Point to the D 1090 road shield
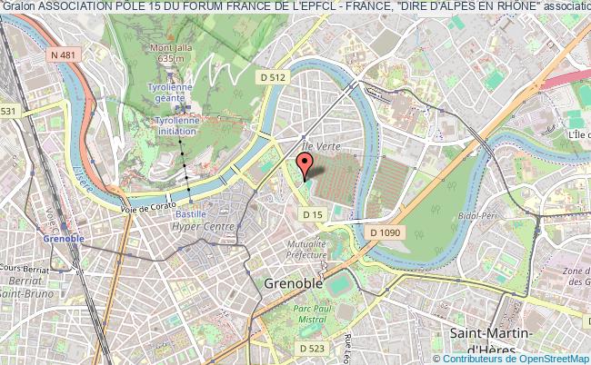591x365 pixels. (385, 233)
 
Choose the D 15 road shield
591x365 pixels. (313, 214)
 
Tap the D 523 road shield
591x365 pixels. (312, 348)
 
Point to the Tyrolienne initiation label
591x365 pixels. (175, 125)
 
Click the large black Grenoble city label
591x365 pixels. (294, 283)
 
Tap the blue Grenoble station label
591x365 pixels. (64, 239)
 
